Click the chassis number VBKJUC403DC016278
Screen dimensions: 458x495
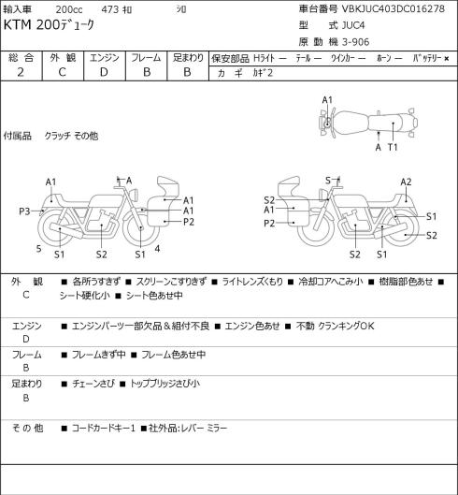[x=394, y=8]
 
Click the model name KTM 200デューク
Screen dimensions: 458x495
[x=49, y=25]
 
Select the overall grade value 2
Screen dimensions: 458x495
[x=21, y=72]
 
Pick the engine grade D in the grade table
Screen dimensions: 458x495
[x=104, y=72]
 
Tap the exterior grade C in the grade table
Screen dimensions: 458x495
[x=62, y=72]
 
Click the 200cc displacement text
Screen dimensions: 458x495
[x=69, y=9]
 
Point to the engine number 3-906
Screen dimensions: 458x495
[x=355, y=42]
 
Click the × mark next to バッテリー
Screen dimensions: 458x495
[x=447, y=58]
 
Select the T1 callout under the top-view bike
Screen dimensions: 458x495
[x=393, y=147]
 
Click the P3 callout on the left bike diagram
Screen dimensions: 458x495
[x=24, y=211]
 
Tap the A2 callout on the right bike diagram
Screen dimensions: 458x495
[x=406, y=182]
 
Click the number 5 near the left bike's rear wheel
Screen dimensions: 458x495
[x=39, y=249]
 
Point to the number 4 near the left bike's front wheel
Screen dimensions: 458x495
[x=157, y=249]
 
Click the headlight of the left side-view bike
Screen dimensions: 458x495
[x=135, y=194]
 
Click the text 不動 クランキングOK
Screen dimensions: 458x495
[x=335, y=326]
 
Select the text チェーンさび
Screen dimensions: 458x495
[x=93, y=384]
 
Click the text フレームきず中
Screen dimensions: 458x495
[x=99, y=355]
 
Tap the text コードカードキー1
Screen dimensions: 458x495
[x=104, y=429]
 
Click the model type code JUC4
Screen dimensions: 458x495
[x=353, y=25]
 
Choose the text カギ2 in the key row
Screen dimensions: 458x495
[x=263, y=73]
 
